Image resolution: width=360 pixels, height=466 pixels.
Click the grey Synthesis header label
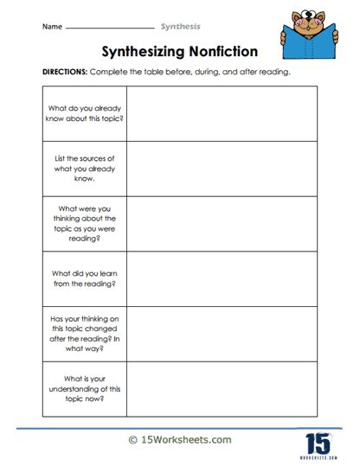click(x=178, y=27)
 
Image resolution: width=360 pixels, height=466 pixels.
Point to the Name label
click(x=51, y=27)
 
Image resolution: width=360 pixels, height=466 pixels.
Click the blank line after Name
click(x=108, y=29)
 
